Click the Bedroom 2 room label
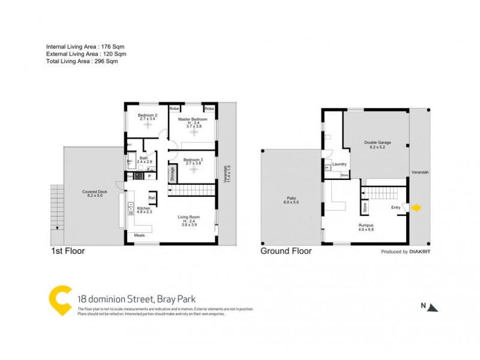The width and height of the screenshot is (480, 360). pyautogui.click(x=148, y=115)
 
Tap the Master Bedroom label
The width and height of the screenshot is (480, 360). pyautogui.click(x=192, y=119)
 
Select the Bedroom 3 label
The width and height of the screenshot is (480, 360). pyautogui.click(x=193, y=160)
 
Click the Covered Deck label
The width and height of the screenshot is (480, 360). pyautogui.click(x=94, y=192)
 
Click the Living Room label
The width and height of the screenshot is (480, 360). pyautogui.click(x=188, y=217)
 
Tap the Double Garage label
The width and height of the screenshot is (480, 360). pyautogui.click(x=377, y=143)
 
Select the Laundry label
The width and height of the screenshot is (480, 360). pyautogui.click(x=340, y=163)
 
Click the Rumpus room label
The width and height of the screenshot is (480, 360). pyautogui.click(x=366, y=226)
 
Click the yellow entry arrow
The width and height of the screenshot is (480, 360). pyautogui.click(x=416, y=208)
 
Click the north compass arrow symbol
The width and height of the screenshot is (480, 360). pyautogui.click(x=434, y=307)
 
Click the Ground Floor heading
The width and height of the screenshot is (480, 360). pyautogui.click(x=286, y=251)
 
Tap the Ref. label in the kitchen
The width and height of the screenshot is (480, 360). pyautogui.click(x=152, y=198)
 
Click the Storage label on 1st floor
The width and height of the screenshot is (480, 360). pyautogui.click(x=172, y=174)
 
